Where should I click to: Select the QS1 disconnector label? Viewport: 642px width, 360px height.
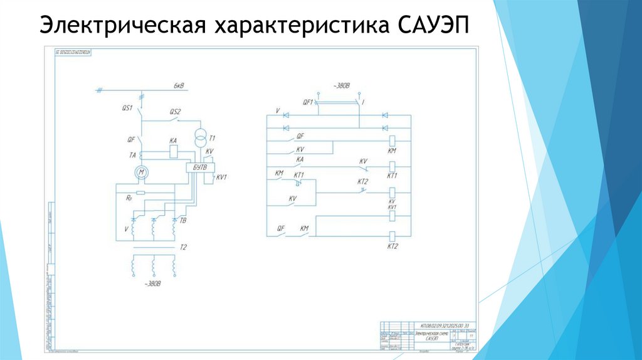[x=127, y=108]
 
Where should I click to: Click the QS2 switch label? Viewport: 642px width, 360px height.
[x=175, y=112]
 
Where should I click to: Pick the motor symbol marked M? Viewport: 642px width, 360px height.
[x=141, y=172]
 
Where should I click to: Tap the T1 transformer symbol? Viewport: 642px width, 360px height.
[x=201, y=138]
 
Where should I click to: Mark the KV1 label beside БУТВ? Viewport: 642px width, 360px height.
[x=220, y=177]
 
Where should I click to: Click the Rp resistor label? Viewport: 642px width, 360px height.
[x=129, y=197]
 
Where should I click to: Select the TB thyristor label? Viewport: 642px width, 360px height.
[x=183, y=221]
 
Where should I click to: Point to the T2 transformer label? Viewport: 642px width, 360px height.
[x=184, y=247]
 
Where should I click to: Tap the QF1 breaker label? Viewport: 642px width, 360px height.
[x=307, y=101]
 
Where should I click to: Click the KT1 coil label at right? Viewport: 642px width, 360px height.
[x=393, y=176]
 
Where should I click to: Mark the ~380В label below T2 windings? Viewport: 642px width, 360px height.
[x=152, y=283]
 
